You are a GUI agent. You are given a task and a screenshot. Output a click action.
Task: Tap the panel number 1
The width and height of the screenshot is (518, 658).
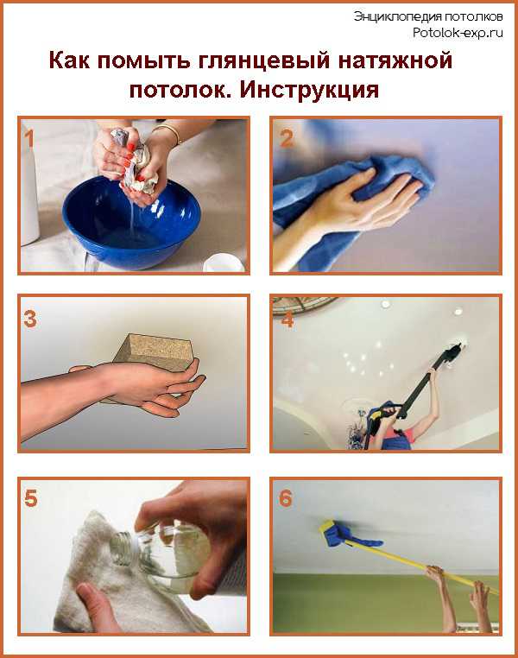pyautogui.click(x=28, y=138)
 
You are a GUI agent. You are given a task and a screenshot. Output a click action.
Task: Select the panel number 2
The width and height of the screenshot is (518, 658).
pyautogui.click(x=287, y=139)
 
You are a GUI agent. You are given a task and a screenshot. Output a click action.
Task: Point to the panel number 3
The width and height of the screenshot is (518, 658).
pyautogui.click(x=30, y=319)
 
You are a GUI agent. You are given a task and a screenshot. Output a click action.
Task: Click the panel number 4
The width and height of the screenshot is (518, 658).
pyautogui.click(x=287, y=320)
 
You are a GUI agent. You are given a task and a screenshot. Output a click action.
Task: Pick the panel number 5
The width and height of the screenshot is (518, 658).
pyautogui.click(x=31, y=499)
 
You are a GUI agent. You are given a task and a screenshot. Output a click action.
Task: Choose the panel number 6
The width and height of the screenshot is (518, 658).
pyautogui.click(x=285, y=498)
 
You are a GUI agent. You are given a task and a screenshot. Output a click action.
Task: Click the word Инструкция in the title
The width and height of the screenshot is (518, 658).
pyautogui.click(x=310, y=90)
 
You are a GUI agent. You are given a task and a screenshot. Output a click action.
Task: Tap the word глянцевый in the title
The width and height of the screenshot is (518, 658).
pyautogui.click(x=263, y=60)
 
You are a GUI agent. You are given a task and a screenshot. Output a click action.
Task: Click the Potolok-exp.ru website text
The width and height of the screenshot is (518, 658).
pyautogui.click(x=458, y=33)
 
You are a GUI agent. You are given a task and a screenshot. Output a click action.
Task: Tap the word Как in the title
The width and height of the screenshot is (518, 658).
pyautogui.click(x=69, y=60)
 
